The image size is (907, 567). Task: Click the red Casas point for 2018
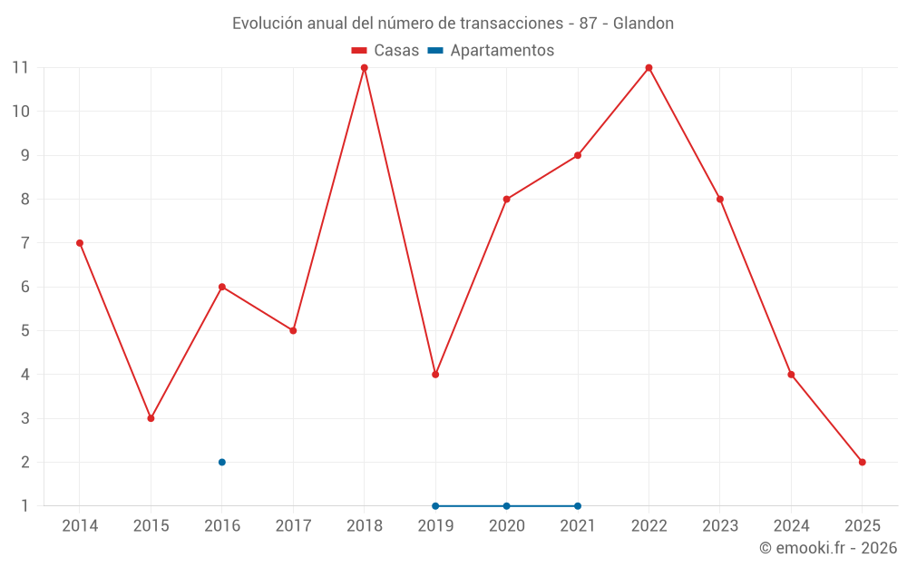point(364,68)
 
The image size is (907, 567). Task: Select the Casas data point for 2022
point(649,68)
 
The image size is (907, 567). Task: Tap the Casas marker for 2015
point(151,418)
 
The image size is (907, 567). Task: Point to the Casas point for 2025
point(862,462)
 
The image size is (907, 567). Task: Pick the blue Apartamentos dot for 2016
point(221,462)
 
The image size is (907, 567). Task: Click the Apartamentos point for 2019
point(435,505)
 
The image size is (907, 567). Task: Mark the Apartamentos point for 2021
point(578,505)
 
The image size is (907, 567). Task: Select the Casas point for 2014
point(80,243)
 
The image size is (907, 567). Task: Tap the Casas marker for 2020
point(506,200)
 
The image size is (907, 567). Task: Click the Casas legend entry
point(385,51)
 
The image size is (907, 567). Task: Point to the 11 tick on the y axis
point(20,68)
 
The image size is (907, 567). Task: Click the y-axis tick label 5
point(24,331)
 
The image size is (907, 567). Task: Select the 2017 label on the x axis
point(293,526)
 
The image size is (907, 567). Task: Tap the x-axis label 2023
point(720,526)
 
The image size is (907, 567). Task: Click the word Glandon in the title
point(643,24)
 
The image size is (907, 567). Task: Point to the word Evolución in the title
point(264,24)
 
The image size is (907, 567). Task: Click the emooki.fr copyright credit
point(828,548)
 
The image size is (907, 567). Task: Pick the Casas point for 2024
point(791,375)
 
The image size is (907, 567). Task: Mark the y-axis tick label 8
point(24,200)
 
